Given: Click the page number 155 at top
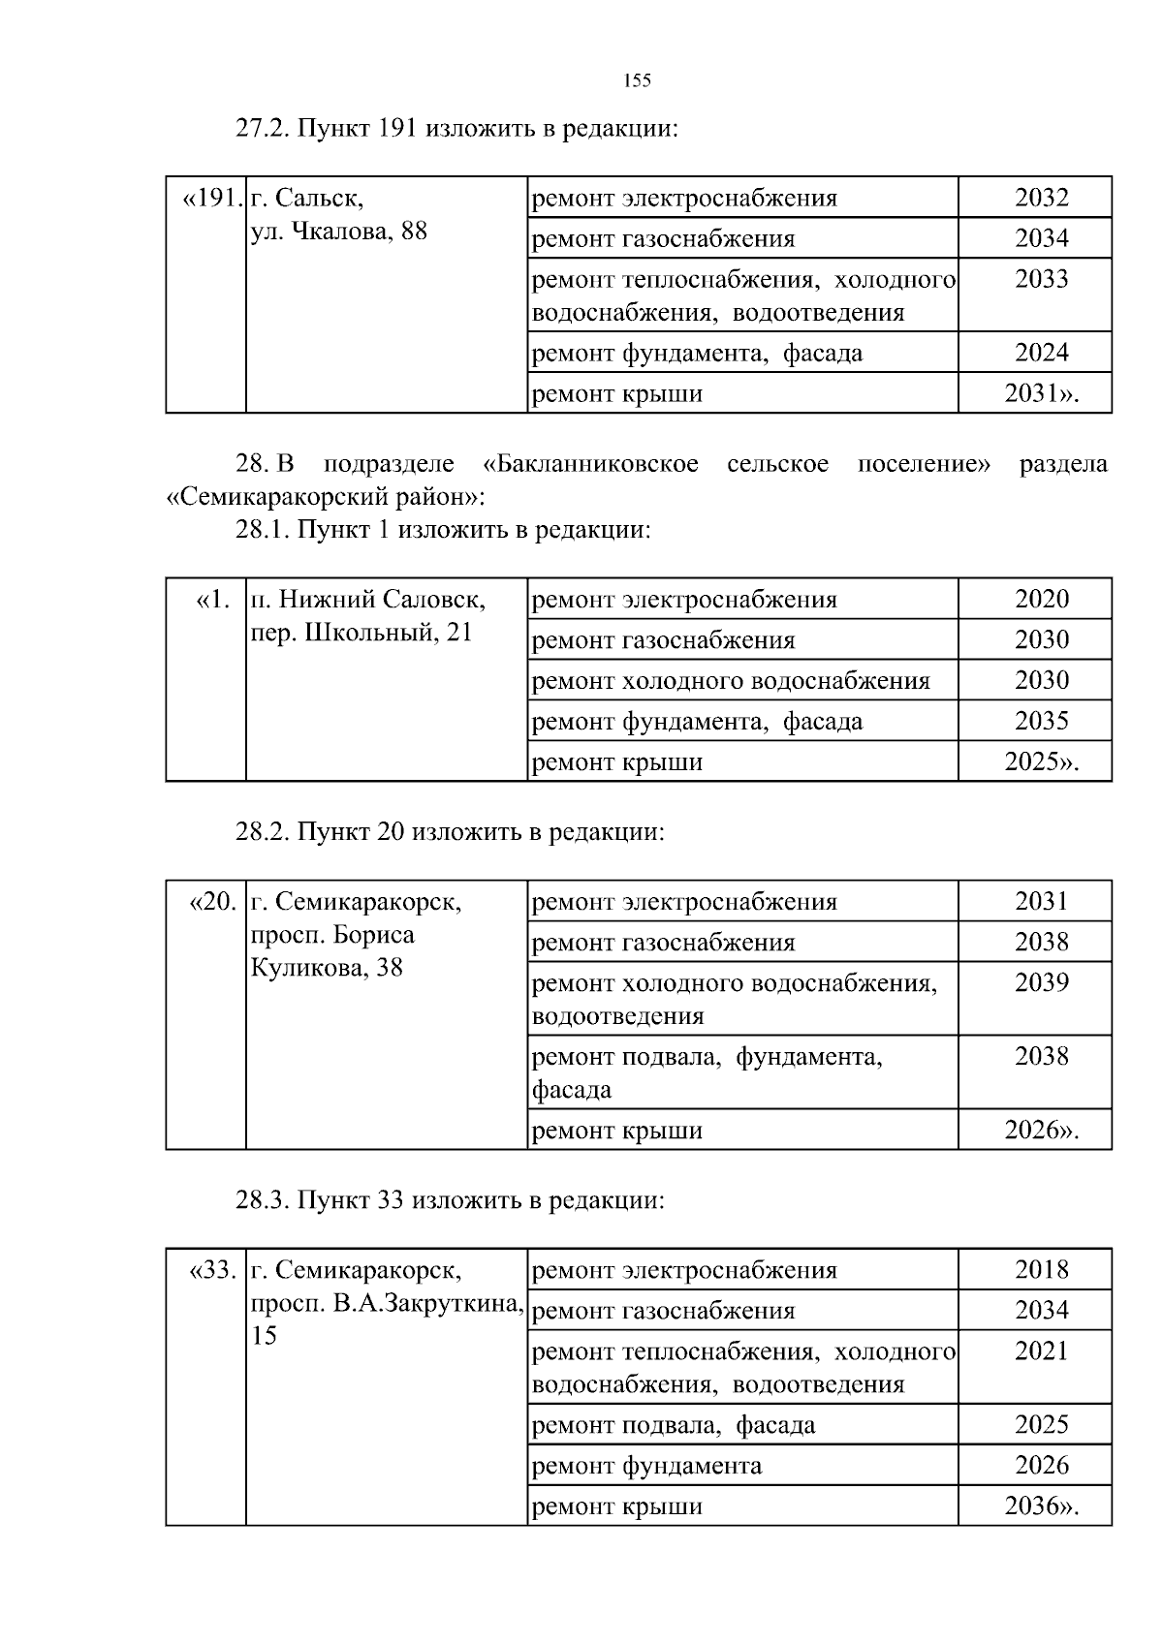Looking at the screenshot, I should pos(637,80).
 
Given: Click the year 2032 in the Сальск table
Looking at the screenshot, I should pos(1042,198).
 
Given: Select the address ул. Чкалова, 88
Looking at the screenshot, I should pos(339,232).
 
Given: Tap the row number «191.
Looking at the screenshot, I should pos(211,199).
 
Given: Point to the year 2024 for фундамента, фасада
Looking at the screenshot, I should pos(1042,353).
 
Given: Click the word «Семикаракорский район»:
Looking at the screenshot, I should pos(325,498).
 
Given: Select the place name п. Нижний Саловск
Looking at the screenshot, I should pos(368,600).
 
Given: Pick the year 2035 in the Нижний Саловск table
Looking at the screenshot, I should pos(1042,721).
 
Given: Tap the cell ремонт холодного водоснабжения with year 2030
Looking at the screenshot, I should pos(732,681).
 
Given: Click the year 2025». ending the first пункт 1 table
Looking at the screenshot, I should pos(1042,761).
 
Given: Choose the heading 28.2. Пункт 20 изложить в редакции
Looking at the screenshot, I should pos(450,832).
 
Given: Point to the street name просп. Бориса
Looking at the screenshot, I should pos(332,935).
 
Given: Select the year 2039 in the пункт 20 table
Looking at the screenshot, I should pos(1042,982).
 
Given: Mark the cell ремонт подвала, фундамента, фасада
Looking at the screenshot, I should pos(707,1072).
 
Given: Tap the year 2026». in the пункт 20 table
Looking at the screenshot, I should pos(1042,1130).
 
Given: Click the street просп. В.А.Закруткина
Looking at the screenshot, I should pos(387,1303).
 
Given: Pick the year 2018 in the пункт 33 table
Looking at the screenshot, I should pos(1042,1270).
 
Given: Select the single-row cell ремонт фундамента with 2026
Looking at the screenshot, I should pos(647,1466).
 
